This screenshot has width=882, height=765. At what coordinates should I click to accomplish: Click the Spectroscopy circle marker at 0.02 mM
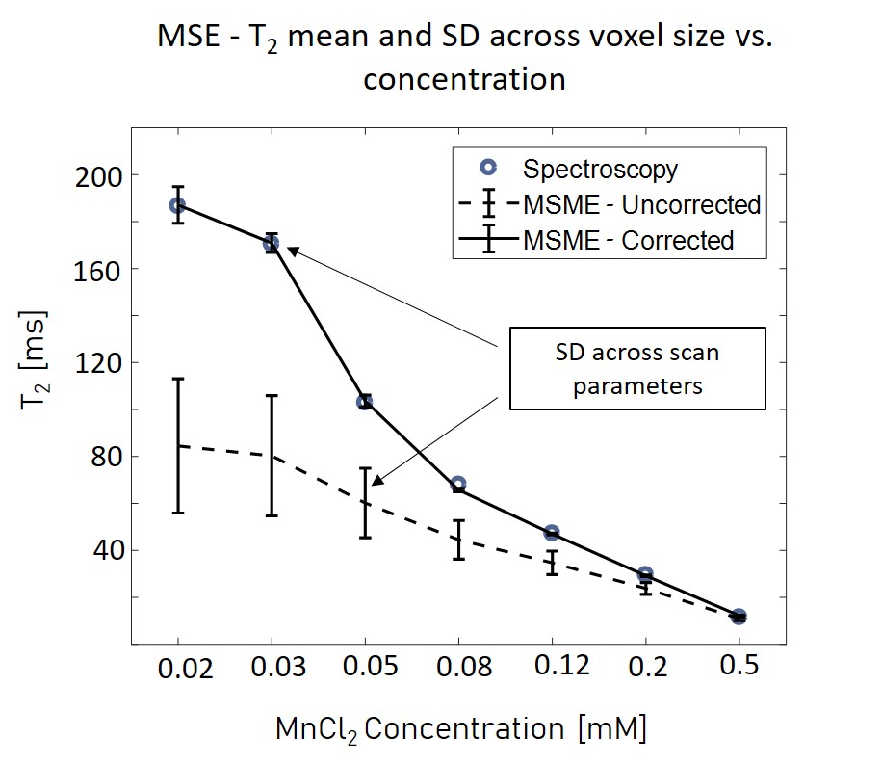pos(177,205)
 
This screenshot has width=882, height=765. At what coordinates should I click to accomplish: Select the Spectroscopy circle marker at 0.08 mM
pos(458,484)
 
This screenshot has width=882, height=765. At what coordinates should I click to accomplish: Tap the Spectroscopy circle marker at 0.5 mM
pos(739,617)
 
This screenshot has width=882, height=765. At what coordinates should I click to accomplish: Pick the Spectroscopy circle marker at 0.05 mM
pos(365,402)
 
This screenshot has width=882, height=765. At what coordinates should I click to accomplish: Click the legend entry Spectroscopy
pos(600,170)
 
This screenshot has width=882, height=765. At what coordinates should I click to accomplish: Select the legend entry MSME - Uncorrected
pos(641,204)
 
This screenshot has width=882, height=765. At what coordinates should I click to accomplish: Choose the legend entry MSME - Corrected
pos(628,240)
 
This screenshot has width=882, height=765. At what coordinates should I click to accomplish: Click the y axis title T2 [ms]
pos(37,361)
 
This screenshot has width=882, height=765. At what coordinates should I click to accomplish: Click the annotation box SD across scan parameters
pos(637,369)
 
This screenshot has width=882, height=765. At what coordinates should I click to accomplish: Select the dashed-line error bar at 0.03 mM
pos(272,455)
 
